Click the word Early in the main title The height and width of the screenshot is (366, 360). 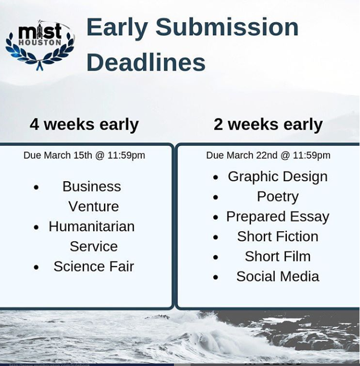[x=117, y=27]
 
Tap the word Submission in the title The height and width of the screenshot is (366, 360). [x=227, y=27]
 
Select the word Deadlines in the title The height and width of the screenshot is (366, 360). [x=146, y=63]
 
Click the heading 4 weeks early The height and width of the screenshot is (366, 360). [x=84, y=124]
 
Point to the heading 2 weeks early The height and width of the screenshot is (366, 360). [x=268, y=124]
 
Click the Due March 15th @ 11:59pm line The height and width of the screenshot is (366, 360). [x=84, y=155]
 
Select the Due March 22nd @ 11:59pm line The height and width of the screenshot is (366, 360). [x=268, y=155]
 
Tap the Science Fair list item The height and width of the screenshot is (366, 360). [x=94, y=267]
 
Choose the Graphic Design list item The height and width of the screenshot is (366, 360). [x=277, y=176]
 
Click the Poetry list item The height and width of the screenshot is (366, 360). [x=277, y=196]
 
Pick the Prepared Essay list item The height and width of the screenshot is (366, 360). [x=277, y=217]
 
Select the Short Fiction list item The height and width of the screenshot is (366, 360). [x=277, y=236]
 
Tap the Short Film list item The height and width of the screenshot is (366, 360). [x=277, y=256]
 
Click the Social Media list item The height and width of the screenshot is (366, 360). [x=277, y=277]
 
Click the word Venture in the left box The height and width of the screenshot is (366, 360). [x=94, y=206]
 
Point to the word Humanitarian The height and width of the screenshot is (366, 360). [x=92, y=227]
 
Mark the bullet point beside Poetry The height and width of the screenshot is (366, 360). [x=216, y=197]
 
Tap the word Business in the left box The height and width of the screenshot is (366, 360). [x=92, y=186]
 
